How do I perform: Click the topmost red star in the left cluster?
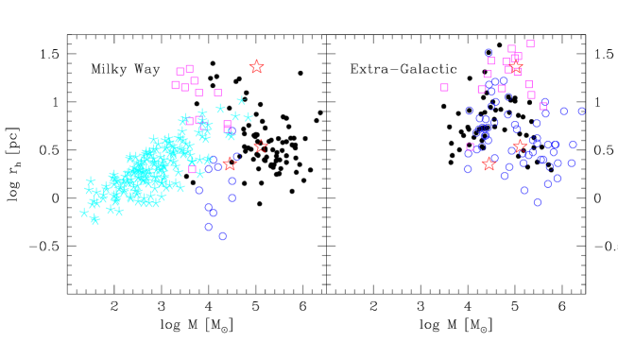click(256, 66)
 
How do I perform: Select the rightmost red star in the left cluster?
click(261, 146)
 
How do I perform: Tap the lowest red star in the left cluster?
click(230, 163)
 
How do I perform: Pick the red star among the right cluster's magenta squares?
click(515, 64)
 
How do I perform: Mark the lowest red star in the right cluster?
click(489, 163)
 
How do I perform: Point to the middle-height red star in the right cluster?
click(519, 146)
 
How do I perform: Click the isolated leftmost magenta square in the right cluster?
click(444, 87)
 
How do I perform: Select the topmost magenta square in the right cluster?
click(530, 43)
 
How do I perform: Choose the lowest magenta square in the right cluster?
click(470, 146)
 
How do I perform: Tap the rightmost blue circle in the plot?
click(581, 111)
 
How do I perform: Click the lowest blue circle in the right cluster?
click(537, 202)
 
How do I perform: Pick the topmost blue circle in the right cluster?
click(489, 53)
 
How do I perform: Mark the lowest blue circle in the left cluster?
click(222, 236)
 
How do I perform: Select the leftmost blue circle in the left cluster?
click(199, 190)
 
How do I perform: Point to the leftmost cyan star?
click(84, 213)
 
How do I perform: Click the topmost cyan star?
click(241, 100)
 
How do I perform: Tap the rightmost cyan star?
click(248, 117)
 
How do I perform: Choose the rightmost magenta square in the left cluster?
click(227, 125)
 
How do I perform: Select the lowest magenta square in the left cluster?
click(193, 169)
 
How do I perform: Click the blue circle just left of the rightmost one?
click(564, 111)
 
